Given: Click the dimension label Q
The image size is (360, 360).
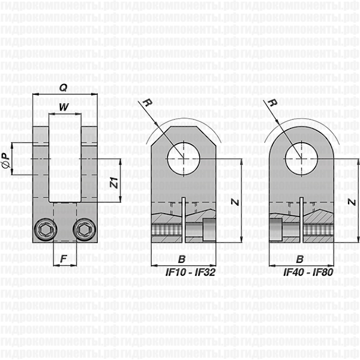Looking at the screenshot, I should pos(64,87).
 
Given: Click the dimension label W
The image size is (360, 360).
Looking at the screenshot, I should pos(64,107).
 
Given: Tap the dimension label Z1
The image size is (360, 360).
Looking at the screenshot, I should pos(113,182).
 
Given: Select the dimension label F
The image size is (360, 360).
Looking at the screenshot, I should pos(64,260).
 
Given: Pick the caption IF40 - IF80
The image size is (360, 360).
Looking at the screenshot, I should pos(309,272).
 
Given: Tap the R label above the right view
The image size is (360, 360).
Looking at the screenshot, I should pos(270,103).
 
